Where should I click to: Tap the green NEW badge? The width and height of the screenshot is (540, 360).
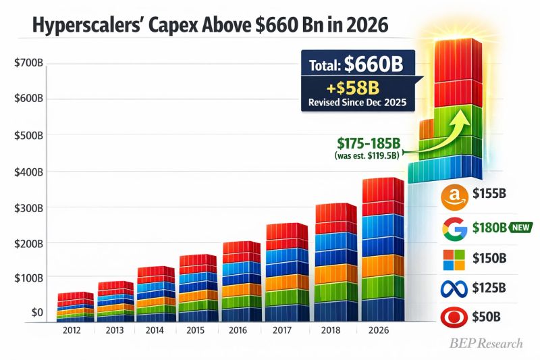(x=520, y=227)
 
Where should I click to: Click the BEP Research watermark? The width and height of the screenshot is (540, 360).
(x=486, y=343)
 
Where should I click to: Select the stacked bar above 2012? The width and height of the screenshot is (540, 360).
(x=75, y=306)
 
